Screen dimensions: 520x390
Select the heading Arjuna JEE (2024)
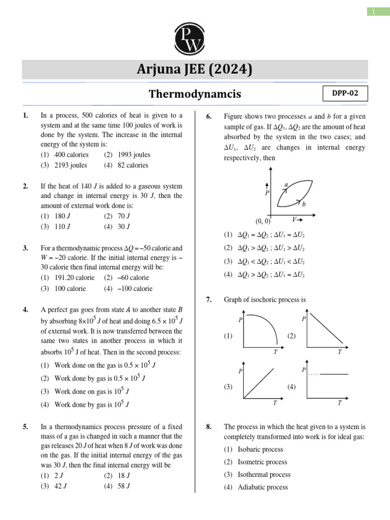point(194,69)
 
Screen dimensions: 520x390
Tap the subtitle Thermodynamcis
point(194,94)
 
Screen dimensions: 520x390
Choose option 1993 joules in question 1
point(134,154)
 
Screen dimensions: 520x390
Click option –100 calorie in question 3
point(135,288)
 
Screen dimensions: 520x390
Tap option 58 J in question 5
point(124,486)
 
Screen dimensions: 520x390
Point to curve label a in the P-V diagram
point(286,185)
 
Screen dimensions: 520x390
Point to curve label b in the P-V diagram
point(304,204)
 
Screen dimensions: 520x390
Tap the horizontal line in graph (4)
point(334,374)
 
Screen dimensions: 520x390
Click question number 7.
point(208,300)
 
